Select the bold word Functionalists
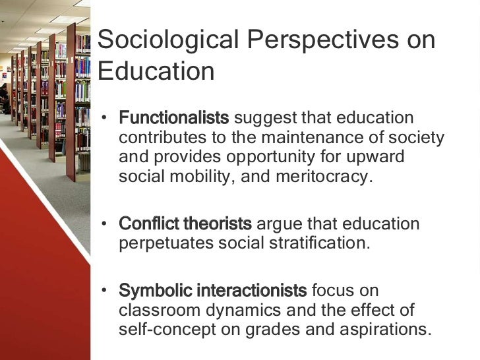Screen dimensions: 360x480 pos(174,119)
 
